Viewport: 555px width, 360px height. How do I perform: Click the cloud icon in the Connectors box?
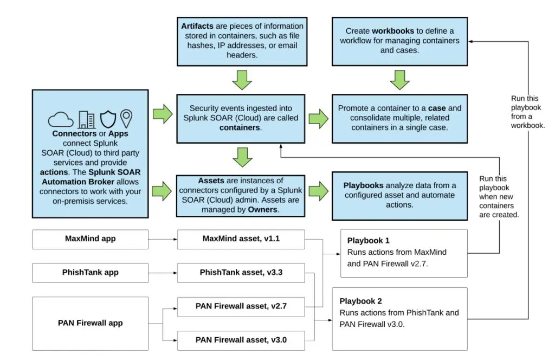point(60,119)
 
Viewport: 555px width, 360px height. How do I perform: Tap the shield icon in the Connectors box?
point(108,119)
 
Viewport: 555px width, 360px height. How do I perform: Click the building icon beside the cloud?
point(87,119)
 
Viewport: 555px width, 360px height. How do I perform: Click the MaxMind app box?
point(90,239)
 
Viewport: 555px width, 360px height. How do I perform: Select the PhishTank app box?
point(90,273)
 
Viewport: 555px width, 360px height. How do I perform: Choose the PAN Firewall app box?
point(90,323)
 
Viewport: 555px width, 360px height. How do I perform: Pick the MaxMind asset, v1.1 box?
point(241,239)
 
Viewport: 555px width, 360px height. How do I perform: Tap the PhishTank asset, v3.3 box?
point(241,273)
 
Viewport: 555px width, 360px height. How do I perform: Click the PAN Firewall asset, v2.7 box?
point(241,306)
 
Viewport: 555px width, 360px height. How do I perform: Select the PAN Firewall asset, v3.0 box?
point(241,340)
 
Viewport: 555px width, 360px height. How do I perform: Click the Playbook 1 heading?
point(369,240)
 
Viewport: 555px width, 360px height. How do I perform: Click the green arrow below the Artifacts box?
point(241,80)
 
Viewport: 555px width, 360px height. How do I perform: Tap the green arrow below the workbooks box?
point(399,80)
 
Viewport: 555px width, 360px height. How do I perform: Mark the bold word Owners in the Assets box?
point(262,209)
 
